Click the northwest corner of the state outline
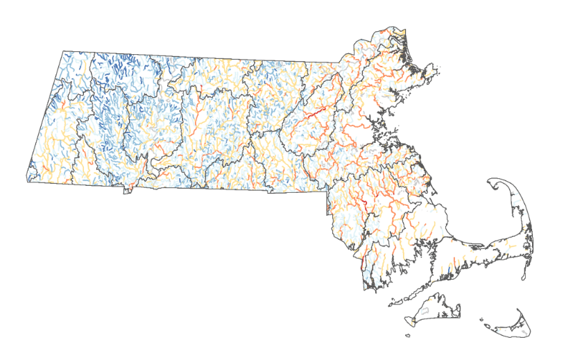click(x=63, y=51)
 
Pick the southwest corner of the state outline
click(x=28, y=180)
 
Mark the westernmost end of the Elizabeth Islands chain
click(x=391, y=302)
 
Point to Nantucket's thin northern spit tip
click(x=518, y=310)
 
